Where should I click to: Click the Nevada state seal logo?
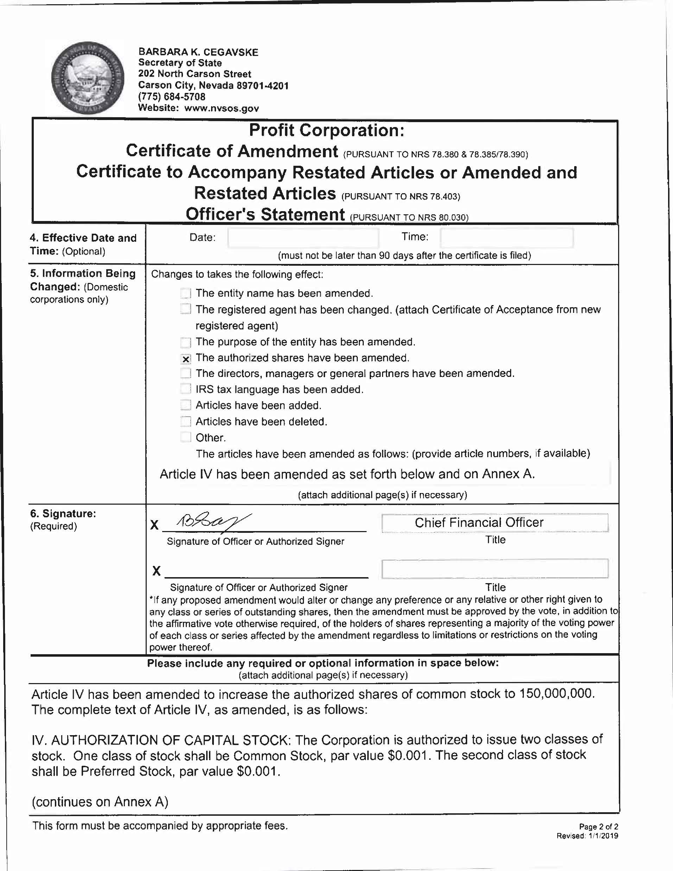click(x=88, y=78)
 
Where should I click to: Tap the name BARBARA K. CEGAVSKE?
click(x=198, y=52)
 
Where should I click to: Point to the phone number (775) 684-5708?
click(x=172, y=97)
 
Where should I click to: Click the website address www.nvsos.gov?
click(x=221, y=108)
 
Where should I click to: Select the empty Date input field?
click(x=303, y=238)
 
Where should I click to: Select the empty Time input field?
click(x=506, y=238)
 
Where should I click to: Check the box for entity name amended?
click(x=186, y=294)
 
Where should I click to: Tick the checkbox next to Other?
click(x=186, y=437)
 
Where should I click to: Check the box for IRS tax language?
click(x=186, y=389)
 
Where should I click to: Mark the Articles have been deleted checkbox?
click(x=186, y=422)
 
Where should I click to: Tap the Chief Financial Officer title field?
click(x=495, y=523)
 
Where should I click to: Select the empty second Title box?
click(x=495, y=569)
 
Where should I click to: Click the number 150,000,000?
click(x=556, y=694)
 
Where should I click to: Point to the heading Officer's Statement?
click(x=265, y=215)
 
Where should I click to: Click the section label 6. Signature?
click(x=63, y=514)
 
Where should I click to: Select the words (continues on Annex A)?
click(x=100, y=802)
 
